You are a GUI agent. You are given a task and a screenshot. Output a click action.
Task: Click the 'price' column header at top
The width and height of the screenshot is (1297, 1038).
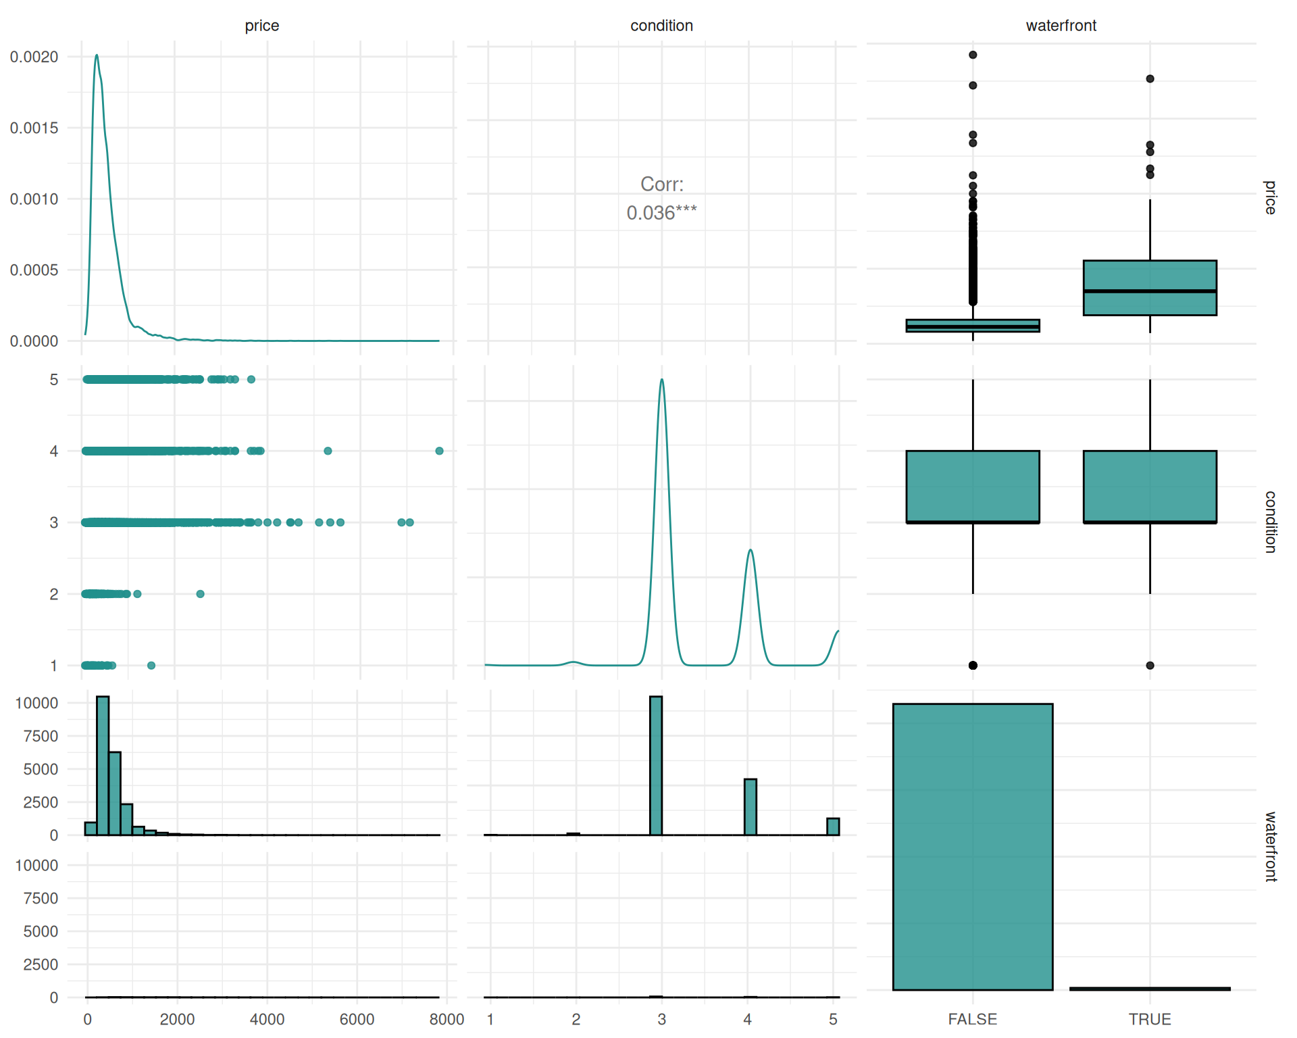[261, 26]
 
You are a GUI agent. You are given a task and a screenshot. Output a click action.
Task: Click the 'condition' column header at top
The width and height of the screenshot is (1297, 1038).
[661, 26]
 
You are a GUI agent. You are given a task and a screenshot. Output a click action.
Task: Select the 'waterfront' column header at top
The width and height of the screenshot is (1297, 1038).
[1061, 26]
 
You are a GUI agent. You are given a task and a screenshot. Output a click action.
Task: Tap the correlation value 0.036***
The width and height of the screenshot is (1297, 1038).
[661, 213]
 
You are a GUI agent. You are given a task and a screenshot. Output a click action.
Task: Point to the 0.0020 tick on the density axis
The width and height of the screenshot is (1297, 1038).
[34, 57]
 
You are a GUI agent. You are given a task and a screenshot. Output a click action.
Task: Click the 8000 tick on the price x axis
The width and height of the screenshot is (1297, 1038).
[447, 1019]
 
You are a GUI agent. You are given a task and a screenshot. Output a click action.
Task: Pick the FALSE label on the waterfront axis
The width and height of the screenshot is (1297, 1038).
[972, 1019]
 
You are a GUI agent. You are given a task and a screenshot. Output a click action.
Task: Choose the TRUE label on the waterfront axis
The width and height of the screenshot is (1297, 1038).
[1149, 1019]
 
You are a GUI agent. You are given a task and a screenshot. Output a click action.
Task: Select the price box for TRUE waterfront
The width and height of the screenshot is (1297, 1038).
[1150, 288]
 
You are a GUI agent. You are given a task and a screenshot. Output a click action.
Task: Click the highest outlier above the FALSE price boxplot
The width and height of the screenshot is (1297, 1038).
[973, 55]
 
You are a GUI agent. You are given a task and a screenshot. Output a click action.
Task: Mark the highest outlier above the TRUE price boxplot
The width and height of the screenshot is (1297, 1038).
[1150, 79]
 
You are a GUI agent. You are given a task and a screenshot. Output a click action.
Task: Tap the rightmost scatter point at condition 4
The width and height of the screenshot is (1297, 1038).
[439, 451]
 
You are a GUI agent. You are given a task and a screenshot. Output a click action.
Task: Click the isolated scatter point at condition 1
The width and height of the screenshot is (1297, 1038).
[151, 666]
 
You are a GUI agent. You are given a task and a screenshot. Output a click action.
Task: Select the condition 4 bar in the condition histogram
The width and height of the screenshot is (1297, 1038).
[750, 807]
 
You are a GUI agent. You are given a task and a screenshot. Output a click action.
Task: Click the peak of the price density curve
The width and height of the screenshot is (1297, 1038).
[97, 55]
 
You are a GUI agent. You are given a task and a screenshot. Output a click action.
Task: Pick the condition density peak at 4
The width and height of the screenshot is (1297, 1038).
[750, 550]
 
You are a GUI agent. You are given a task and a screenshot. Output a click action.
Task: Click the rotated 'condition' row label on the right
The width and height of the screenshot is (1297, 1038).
[1270, 522]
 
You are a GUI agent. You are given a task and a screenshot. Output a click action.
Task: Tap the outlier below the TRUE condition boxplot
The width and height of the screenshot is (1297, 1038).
[1150, 666]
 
